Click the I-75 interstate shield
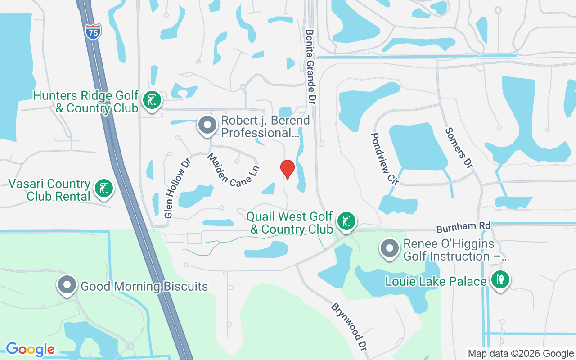coord(93,32)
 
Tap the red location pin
coord(287,170)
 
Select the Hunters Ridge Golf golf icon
coord(152,100)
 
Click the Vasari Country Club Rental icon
coord(104,189)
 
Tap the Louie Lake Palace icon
coord(500,279)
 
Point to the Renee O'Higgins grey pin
coord(390,248)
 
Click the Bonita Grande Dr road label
coord(310,67)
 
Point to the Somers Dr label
coord(459,148)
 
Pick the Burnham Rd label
coord(463,227)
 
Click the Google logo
coord(30,349)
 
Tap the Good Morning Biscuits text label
coord(144,286)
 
